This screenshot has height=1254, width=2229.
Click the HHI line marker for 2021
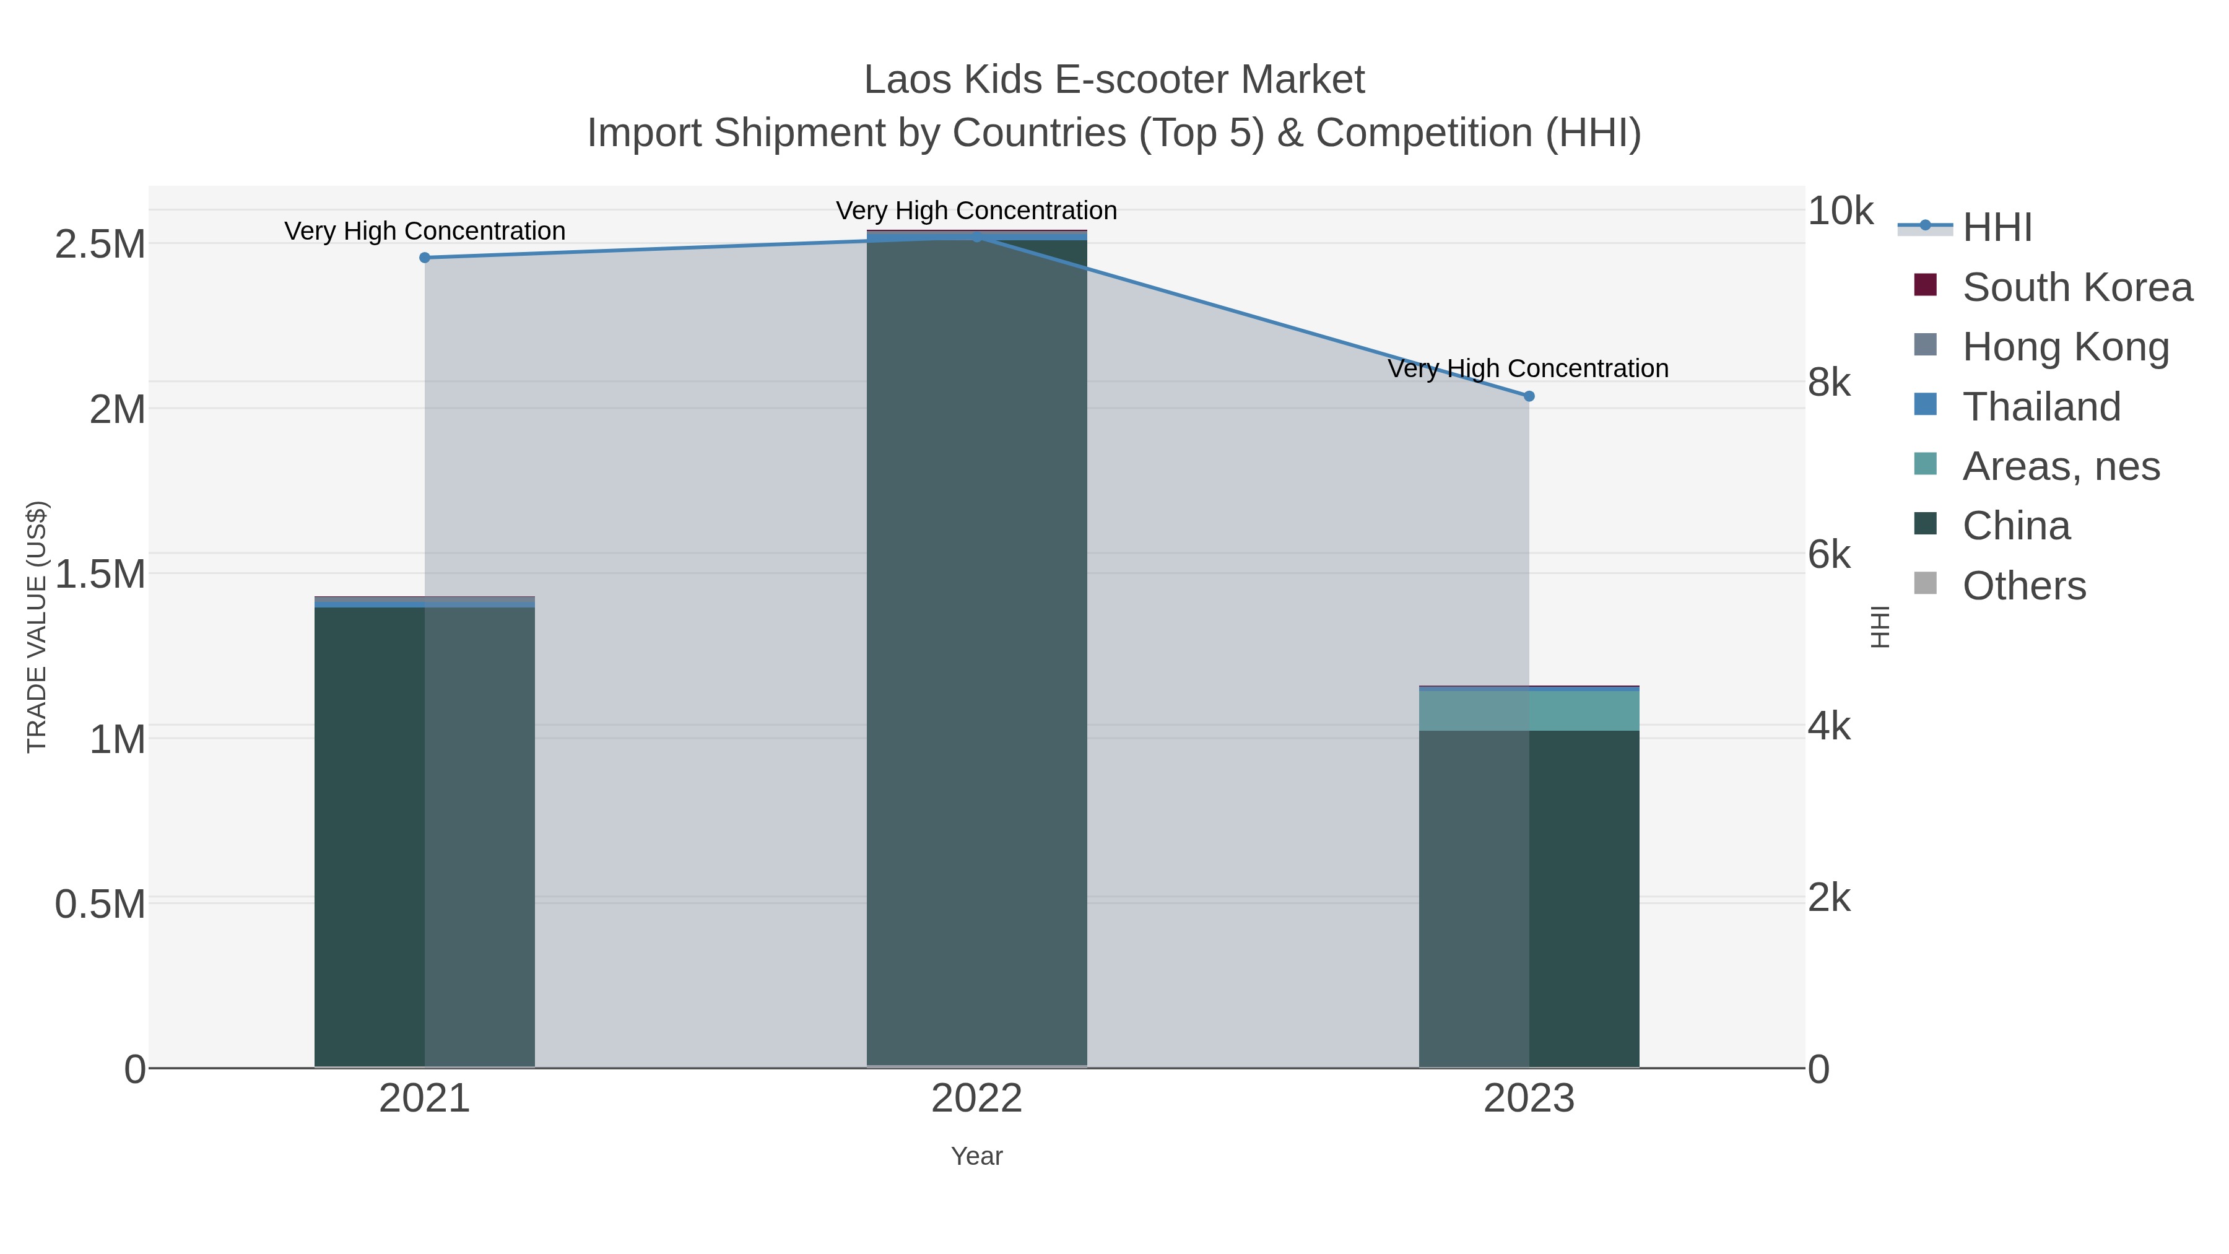coord(424,257)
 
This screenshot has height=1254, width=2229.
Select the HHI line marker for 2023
coord(1529,396)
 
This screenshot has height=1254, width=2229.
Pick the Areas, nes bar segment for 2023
coord(1529,710)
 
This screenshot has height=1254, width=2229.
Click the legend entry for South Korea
coord(2077,287)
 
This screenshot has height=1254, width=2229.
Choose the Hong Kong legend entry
coord(2066,347)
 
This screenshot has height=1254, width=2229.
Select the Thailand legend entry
coord(2041,407)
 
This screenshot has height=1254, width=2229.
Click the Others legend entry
coord(2024,586)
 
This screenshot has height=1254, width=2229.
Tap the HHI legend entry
coord(1997,228)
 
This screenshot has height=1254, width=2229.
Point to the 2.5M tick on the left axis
coord(100,245)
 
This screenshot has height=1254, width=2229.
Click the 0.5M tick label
coord(100,904)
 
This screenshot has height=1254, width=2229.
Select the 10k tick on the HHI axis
coord(1841,211)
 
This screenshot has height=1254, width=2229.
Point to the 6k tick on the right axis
coord(1829,555)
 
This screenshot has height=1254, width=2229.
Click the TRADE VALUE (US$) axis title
coord(37,627)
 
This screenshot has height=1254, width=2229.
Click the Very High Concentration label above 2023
coord(1528,368)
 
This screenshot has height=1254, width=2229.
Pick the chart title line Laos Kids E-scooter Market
coord(1114,80)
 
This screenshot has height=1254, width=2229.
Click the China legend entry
coord(2016,526)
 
